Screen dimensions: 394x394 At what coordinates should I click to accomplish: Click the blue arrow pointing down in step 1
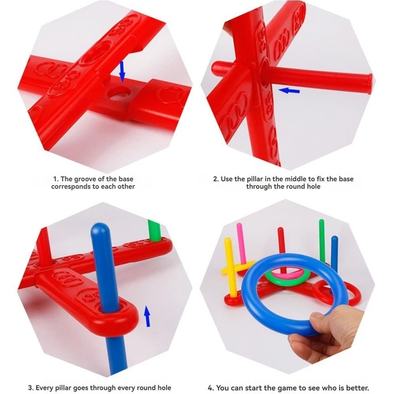tap(122, 70)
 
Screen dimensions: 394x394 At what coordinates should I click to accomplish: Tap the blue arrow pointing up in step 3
tap(147, 316)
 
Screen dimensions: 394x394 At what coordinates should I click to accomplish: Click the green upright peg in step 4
tap(321, 241)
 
